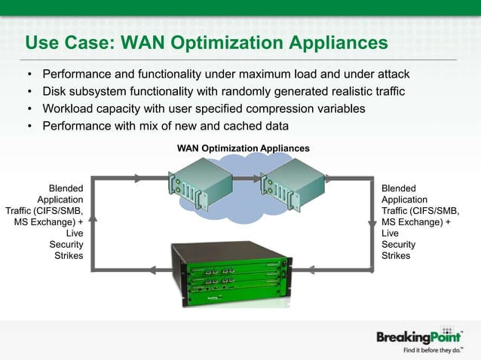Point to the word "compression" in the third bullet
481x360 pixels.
[287, 108]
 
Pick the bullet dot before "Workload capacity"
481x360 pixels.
[29, 109]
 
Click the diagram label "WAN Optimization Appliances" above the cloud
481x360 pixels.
[243, 148]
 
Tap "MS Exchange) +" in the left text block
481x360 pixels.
[48, 222]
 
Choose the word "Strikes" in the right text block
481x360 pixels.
[396, 256]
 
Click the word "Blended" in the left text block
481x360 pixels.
[66, 188]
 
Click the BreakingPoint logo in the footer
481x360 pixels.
[419, 337]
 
